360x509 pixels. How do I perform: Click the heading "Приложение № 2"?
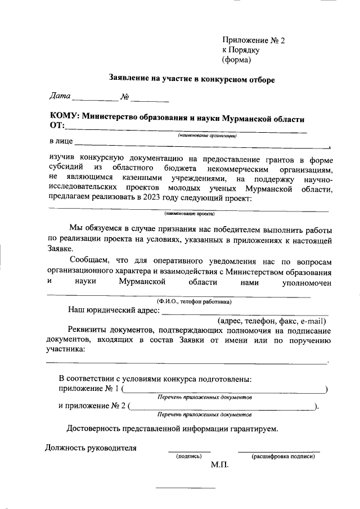(254, 40)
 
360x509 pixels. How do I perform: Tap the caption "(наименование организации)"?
(207, 135)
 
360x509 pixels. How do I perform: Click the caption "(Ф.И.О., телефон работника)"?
(195, 301)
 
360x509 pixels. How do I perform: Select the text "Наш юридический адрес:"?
(114, 310)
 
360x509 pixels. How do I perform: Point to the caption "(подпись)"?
(189, 456)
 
